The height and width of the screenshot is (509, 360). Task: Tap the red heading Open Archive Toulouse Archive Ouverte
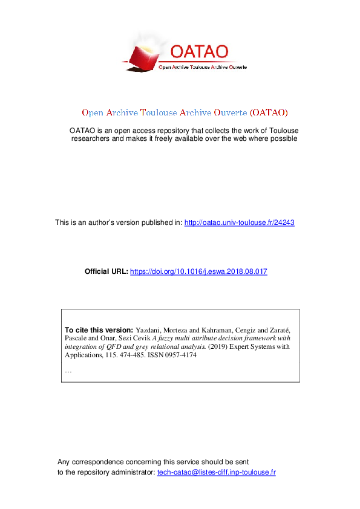tap(185, 112)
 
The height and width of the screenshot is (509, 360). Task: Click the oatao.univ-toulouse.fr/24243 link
tap(239, 222)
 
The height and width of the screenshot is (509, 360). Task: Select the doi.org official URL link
tap(198, 271)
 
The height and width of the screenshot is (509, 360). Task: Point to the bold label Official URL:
tap(106, 271)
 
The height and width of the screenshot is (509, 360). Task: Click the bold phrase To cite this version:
tap(99, 329)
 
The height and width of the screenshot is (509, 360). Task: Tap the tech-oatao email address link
tap(216, 472)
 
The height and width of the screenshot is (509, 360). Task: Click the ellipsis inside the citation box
tap(68, 370)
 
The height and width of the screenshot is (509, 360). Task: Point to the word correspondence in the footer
tap(106, 461)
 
